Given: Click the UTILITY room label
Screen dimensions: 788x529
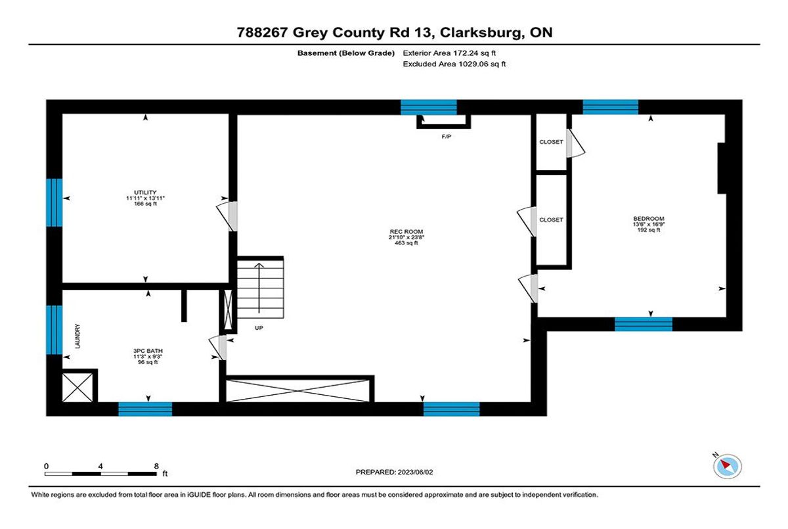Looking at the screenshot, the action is click(x=145, y=193).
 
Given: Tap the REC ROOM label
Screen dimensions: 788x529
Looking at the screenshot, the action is click(x=406, y=231).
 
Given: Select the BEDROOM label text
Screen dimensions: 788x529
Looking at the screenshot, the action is click(x=649, y=219).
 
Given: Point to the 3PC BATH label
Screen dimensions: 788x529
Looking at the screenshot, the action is click(x=148, y=351).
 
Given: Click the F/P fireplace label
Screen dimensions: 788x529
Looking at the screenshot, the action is click(x=446, y=137).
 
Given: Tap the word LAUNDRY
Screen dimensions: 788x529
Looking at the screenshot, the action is click(x=77, y=336).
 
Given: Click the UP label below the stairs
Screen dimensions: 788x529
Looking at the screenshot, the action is click(x=259, y=328).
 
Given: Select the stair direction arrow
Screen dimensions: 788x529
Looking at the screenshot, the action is click(x=259, y=288).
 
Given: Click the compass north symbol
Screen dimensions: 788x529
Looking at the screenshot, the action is click(x=728, y=466).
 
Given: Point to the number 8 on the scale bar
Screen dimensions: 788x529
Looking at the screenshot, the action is click(x=156, y=466).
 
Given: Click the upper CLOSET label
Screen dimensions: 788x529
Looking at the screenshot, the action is click(x=551, y=142).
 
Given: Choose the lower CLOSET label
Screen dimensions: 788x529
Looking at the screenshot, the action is click(x=551, y=219).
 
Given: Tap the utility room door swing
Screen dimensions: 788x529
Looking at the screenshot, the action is click(x=227, y=216).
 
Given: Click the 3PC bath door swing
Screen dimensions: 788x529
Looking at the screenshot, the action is click(x=217, y=347).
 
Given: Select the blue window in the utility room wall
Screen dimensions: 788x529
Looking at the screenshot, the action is click(x=54, y=203).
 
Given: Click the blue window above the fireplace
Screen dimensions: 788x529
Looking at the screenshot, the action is click(x=429, y=107).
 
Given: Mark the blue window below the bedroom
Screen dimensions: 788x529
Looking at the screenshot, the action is click(x=644, y=324).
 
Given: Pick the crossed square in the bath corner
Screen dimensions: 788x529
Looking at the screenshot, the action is click(x=77, y=388).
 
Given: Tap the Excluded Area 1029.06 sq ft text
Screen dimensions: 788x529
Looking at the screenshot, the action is click(x=454, y=64).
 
